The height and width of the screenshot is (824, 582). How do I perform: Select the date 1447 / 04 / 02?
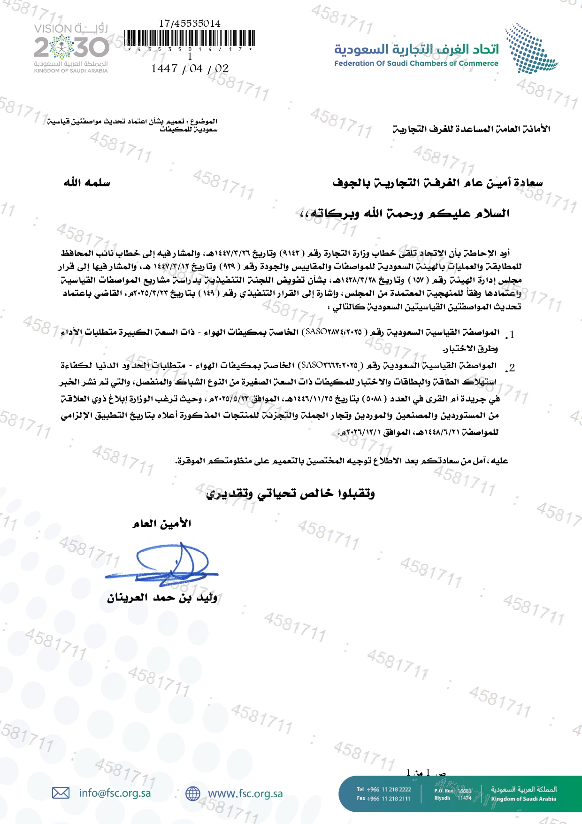(190, 69)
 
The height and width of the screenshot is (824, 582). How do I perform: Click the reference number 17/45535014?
(190, 23)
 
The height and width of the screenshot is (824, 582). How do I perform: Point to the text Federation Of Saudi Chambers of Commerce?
(416, 63)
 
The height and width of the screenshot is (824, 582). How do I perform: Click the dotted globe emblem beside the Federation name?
(530, 49)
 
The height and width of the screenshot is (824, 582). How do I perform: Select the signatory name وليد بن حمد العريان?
(162, 598)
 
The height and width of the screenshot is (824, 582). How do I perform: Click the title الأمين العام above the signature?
(162, 524)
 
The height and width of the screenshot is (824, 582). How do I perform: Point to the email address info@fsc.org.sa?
(115, 793)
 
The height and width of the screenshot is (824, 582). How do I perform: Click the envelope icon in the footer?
(61, 793)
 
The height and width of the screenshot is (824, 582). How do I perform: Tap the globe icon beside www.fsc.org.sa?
(193, 793)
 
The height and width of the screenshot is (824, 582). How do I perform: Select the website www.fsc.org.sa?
(245, 793)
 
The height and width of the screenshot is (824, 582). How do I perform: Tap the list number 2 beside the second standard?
(512, 368)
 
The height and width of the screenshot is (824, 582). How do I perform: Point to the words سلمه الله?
(87, 183)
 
